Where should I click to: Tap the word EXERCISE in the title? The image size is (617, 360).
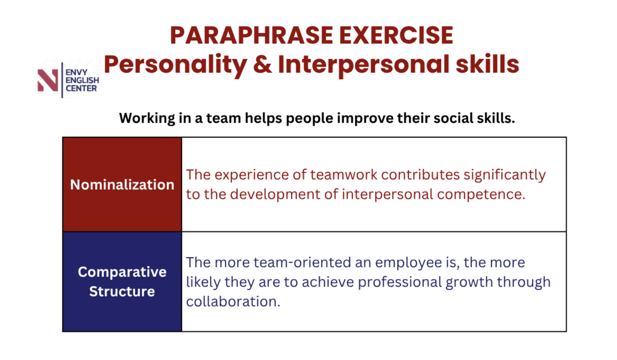click(397, 35)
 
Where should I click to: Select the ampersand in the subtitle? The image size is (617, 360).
click(263, 64)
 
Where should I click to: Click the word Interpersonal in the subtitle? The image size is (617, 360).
click(364, 65)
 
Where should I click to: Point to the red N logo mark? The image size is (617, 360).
click(48, 80)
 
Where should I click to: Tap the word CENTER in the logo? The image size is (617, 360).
click(81, 88)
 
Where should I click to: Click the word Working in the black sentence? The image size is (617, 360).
click(147, 119)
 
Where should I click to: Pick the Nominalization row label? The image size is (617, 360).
click(122, 184)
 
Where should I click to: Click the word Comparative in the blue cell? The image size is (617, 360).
click(122, 272)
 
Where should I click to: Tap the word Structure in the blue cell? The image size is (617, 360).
click(122, 291)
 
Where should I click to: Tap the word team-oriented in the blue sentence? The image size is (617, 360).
click(303, 262)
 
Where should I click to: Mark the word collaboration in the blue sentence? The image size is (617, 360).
click(233, 301)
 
